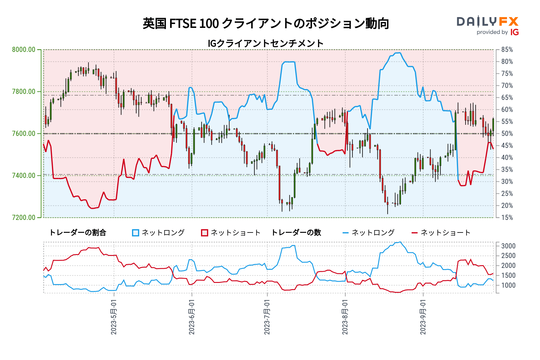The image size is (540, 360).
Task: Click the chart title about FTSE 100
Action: (266, 23)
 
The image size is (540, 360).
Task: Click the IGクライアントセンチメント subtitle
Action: (265, 43)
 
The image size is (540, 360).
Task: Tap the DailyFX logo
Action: (487, 22)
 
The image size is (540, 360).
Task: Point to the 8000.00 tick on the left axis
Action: (24, 49)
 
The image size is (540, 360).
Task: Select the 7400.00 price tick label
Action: (24, 175)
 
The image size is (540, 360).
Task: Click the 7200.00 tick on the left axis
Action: (24, 217)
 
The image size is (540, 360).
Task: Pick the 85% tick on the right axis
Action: (507, 49)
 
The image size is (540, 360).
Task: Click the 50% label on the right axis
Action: (507, 133)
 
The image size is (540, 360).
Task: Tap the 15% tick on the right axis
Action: (507, 217)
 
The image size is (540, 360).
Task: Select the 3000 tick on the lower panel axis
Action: (508, 246)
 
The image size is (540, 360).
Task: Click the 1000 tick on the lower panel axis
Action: (508, 285)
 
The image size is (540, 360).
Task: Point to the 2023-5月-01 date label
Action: (114, 317)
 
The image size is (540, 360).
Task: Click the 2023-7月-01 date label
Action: (267, 317)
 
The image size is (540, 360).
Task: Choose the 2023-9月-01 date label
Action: (423, 317)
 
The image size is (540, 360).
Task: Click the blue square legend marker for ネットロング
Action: (136, 233)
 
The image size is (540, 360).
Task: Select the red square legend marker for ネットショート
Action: (205, 233)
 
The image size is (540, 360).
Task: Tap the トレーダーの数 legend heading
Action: (296, 233)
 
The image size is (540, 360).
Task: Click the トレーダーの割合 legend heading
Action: (77, 233)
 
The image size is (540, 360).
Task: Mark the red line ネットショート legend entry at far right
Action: (441, 233)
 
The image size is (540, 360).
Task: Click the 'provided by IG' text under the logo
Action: (497, 32)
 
